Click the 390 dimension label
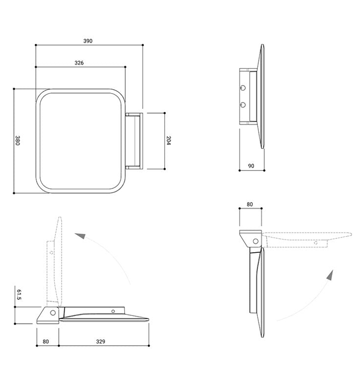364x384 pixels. click(88, 41)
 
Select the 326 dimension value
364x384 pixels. click(79, 63)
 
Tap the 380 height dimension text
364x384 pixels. click(17, 140)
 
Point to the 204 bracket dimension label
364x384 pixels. click(168, 140)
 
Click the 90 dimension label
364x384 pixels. click(251, 166)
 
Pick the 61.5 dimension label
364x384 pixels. click(19, 295)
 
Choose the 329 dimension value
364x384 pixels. click(101, 341)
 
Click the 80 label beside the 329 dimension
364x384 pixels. click(46, 341)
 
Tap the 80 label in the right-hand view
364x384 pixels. click(250, 204)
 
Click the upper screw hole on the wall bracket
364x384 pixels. click(243, 88)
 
